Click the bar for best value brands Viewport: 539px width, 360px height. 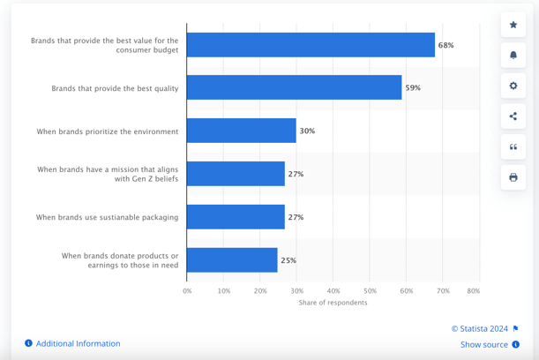pyautogui.click(x=311, y=45)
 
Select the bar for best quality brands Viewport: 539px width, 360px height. pyautogui.click(x=294, y=87)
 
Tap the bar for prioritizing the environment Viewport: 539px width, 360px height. pyautogui.click(x=241, y=131)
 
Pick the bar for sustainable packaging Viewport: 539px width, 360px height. pyautogui.click(x=236, y=217)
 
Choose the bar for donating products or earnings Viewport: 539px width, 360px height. pyautogui.click(x=232, y=260)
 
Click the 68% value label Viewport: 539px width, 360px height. pyautogui.click(x=445, y=45)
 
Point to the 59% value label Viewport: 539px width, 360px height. pyautogui.click(x=413, y=88)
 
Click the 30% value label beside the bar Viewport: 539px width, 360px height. pyautogui.click(x=307, y=131)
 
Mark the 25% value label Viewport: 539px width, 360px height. pyautogui.click(x=288, y=261)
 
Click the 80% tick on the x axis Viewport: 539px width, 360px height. pyautogui.click(x=473, y=290)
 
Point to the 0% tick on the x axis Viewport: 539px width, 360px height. pyautogui.click(x=187, y=290)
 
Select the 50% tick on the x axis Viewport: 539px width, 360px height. pyautogui.click(x=370, y=290)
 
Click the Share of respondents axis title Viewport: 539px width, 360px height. pyautogui.click(x=333, y=303)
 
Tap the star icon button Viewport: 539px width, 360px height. pyautogui.click(x=513, y=25)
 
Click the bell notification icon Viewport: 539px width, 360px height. pyautogui.click(x=513, y=56)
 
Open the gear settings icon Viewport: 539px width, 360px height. pyautogui.click(x=513, y=86)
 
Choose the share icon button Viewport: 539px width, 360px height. pyautogui.click(x=513, y=116)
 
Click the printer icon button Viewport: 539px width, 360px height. pyautogui.click(x=513, y=177)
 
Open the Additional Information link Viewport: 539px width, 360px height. pyautogui.click(x=78, y=343)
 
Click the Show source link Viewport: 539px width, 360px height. pyautogui.click(x=484, y=344)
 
